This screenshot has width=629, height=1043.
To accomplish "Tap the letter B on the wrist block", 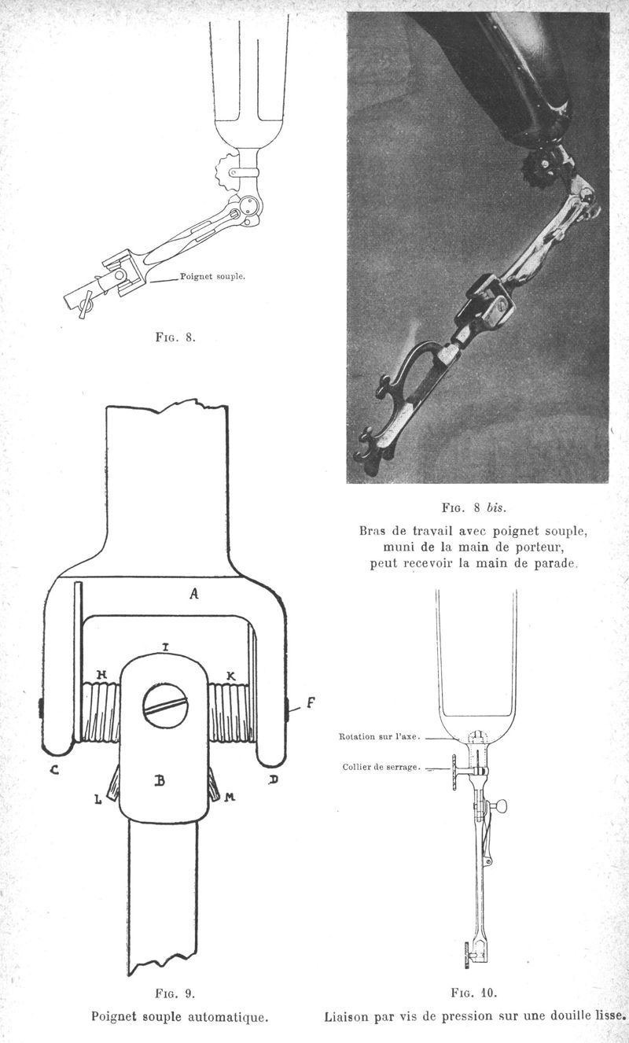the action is point(160,780).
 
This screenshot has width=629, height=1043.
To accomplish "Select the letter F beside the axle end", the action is point(311,702).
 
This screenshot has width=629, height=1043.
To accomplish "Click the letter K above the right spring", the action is point(230,675).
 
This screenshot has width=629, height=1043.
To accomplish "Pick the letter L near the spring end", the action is point(98,800).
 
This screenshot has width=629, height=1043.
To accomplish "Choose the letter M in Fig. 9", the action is point(230,797).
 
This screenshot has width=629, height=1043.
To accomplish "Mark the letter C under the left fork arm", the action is point(54,770).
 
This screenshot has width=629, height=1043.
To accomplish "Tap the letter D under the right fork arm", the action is point(274,779).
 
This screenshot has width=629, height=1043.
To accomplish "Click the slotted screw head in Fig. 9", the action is point(165,706).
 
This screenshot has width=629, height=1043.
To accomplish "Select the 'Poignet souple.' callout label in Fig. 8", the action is point(213,276).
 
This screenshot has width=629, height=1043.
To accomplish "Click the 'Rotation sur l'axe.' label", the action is point(380,736).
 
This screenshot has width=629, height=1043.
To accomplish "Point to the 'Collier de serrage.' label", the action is point(380,767).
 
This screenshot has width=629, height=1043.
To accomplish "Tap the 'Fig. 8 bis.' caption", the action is point(473,507).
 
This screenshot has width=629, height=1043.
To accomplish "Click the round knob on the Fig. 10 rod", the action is point(501,805).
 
